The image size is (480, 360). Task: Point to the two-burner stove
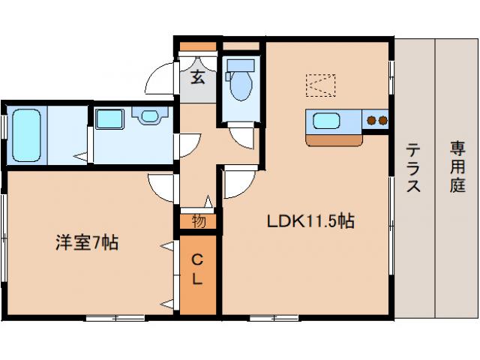376,120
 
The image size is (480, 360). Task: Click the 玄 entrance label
197,76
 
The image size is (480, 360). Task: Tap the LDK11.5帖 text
309,221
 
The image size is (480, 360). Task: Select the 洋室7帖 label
87,242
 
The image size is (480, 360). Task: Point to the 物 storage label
199,221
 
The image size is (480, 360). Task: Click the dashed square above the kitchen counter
319,85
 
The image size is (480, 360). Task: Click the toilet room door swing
241,138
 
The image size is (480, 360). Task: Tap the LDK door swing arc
236,184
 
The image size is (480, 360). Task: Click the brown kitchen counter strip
333,139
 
